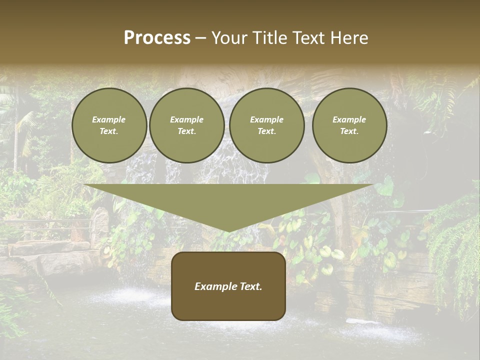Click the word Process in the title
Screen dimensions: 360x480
point(157,38)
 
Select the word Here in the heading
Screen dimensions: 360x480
point(349,38)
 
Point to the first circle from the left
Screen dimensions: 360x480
point(109,125)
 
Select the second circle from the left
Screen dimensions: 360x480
point(186,125)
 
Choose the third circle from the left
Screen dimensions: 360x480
point(266,125)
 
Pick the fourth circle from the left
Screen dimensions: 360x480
point(349,125)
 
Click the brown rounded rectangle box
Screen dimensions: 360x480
point(228,286)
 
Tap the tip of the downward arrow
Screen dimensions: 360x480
point(228,231)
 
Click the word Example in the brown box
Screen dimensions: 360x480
point(214,286)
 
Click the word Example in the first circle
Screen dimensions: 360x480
point(109,119)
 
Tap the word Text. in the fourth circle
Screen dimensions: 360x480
point(349,131)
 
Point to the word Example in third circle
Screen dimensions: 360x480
point(266,119)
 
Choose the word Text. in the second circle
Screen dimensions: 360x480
point(186,131)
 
